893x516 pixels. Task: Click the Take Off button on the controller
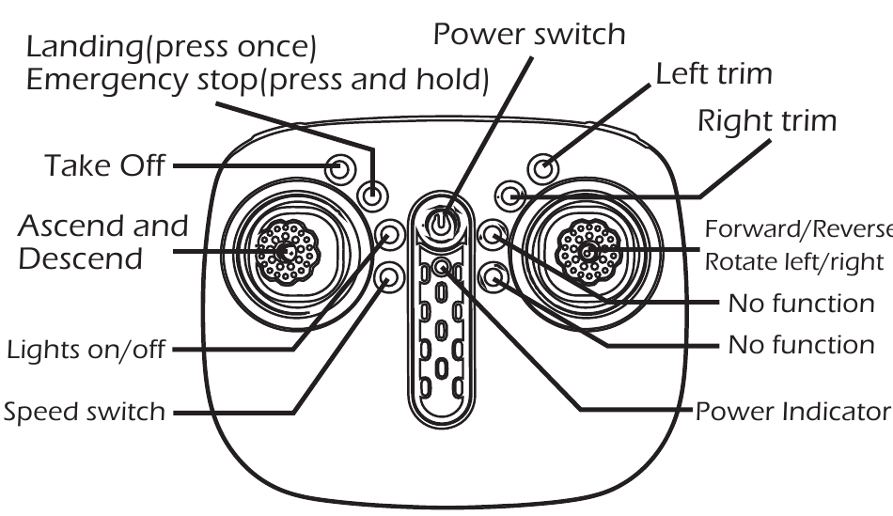[x=340, y=169]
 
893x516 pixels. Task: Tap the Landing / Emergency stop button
[x=374, y=195]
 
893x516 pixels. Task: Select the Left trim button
[x=542, y=167]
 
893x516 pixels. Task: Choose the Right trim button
[x=510, y=195]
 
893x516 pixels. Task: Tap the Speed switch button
[x=389, y=276]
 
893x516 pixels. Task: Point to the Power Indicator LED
[x=443, y=267]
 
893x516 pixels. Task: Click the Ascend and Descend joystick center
[x=288, y=252]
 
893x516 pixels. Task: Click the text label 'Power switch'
[x=529, y=35]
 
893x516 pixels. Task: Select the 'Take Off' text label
[x=103, y=167]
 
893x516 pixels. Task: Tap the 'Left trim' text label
[x=713, y=74]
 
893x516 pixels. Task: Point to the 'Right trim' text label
[x=766, y=122]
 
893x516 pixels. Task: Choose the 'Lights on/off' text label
[x=86, y=352]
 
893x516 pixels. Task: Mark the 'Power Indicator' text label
[x=792, y=412]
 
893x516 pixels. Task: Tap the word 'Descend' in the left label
[x=81, y=258]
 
